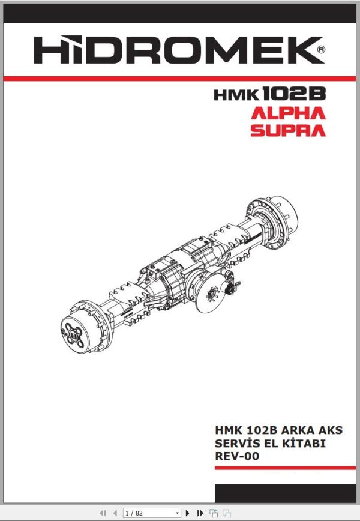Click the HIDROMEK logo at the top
(174, 50)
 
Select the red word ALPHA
(288, 113)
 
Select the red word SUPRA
(288, 130)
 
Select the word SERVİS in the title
(236, 443)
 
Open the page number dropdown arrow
(177, 513)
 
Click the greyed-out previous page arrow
(114, 513)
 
